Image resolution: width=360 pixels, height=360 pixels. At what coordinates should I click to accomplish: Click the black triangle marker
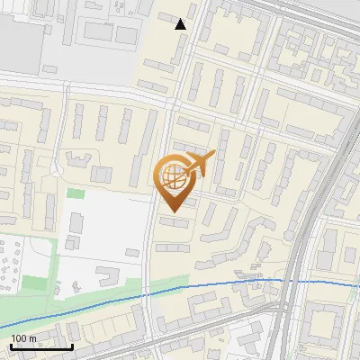click(181, 24)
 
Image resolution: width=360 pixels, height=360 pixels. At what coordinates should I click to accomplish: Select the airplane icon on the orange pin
click(200, 164)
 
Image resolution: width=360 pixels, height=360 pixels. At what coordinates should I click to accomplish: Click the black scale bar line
click(41, 346)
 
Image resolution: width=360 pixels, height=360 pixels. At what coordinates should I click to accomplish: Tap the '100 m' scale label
click(23, 338)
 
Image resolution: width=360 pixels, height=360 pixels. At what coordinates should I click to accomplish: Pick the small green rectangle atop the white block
click(76, 193)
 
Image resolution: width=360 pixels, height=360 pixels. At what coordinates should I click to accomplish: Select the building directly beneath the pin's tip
click(174, 221)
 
